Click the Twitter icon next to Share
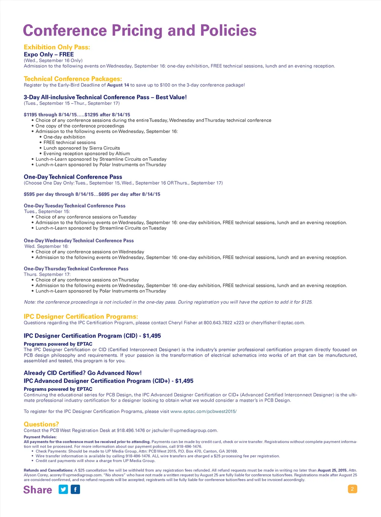coord(63,490)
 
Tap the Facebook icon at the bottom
coord(75,490)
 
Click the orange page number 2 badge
coord(352,489)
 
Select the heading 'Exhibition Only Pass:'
coord(57,47)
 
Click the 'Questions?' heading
coord(41,424)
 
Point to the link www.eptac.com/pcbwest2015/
coord(203,412)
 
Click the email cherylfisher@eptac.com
coord(277,323)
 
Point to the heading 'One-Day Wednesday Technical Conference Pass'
coord(79,241)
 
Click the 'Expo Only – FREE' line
coord(49,54)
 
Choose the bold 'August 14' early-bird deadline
coord(118,85)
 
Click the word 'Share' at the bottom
coord(38,490)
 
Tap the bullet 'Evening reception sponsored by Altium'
coord(87,154)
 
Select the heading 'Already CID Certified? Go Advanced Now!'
coord(83,373)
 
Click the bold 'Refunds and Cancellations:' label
coord(48,470)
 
